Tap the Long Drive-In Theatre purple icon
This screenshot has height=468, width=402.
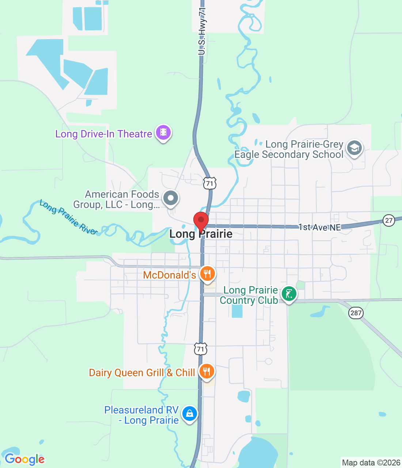(x=163, y=132)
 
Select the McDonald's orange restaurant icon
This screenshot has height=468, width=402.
(x=207, y=273)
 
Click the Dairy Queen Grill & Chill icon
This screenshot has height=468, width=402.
(x=207, y=371)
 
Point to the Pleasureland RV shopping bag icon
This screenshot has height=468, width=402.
(x=189, y=414)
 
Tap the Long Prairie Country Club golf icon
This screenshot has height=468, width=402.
(x=289, y=294)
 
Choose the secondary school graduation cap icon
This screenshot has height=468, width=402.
(x=354, y=148)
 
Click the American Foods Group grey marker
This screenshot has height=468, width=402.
(x=170, y=198)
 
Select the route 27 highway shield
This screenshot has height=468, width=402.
(x=389, y=220)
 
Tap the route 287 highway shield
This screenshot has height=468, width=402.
(x=356, y=313)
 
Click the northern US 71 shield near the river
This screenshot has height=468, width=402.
(x=210, y=183)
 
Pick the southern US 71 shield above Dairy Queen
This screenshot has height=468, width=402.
(x=201, y=349)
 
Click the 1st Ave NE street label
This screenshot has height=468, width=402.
(x=319, y=227)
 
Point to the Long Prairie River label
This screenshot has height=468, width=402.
(x=68, y=217)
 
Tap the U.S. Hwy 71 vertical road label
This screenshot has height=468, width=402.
(x=202, y=31)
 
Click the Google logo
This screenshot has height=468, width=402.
(x=24, y=459)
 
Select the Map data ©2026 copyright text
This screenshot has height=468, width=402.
(x=371, y=463)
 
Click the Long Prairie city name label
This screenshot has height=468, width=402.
(x=201, y=234)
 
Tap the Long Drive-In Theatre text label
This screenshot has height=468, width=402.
(x=103, y=134)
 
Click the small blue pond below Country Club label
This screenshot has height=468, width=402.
(x=237, y=311)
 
